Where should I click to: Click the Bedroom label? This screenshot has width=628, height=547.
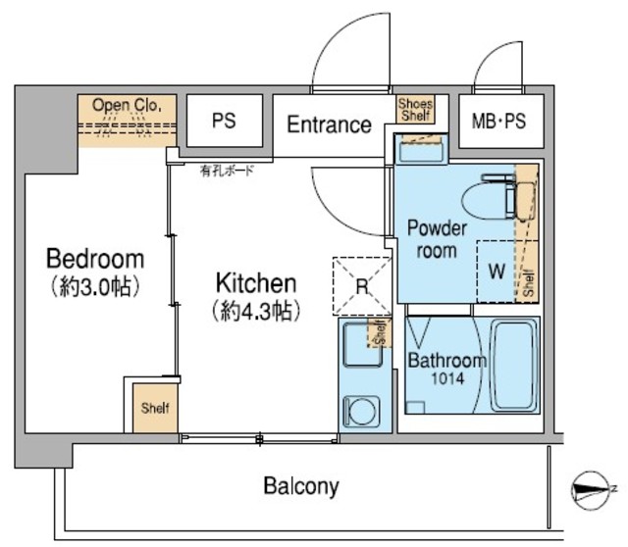click(x=95, y=260)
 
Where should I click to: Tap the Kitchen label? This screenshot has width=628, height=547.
click(x=255, y=283)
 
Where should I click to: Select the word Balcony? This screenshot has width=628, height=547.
click(x=301, y=485)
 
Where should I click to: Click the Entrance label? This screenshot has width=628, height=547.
click(x=329, y=124)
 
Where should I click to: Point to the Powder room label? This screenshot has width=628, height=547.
click(x=436, y=239)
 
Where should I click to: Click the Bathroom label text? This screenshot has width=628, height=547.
click(x=446, y=360)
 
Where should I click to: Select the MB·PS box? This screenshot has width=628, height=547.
click(x=498, y=123)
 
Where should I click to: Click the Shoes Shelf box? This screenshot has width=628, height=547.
click(x=414, y=109)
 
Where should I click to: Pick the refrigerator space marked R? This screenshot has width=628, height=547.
click(x=361, y=287)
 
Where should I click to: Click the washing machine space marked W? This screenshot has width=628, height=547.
click(x=497, y=272)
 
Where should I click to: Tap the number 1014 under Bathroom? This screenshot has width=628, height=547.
click(x=444, y=377)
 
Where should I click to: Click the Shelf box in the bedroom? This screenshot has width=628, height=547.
click(x=152, y=407)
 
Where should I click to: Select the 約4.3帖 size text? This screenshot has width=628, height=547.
click(x=255, y=311)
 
